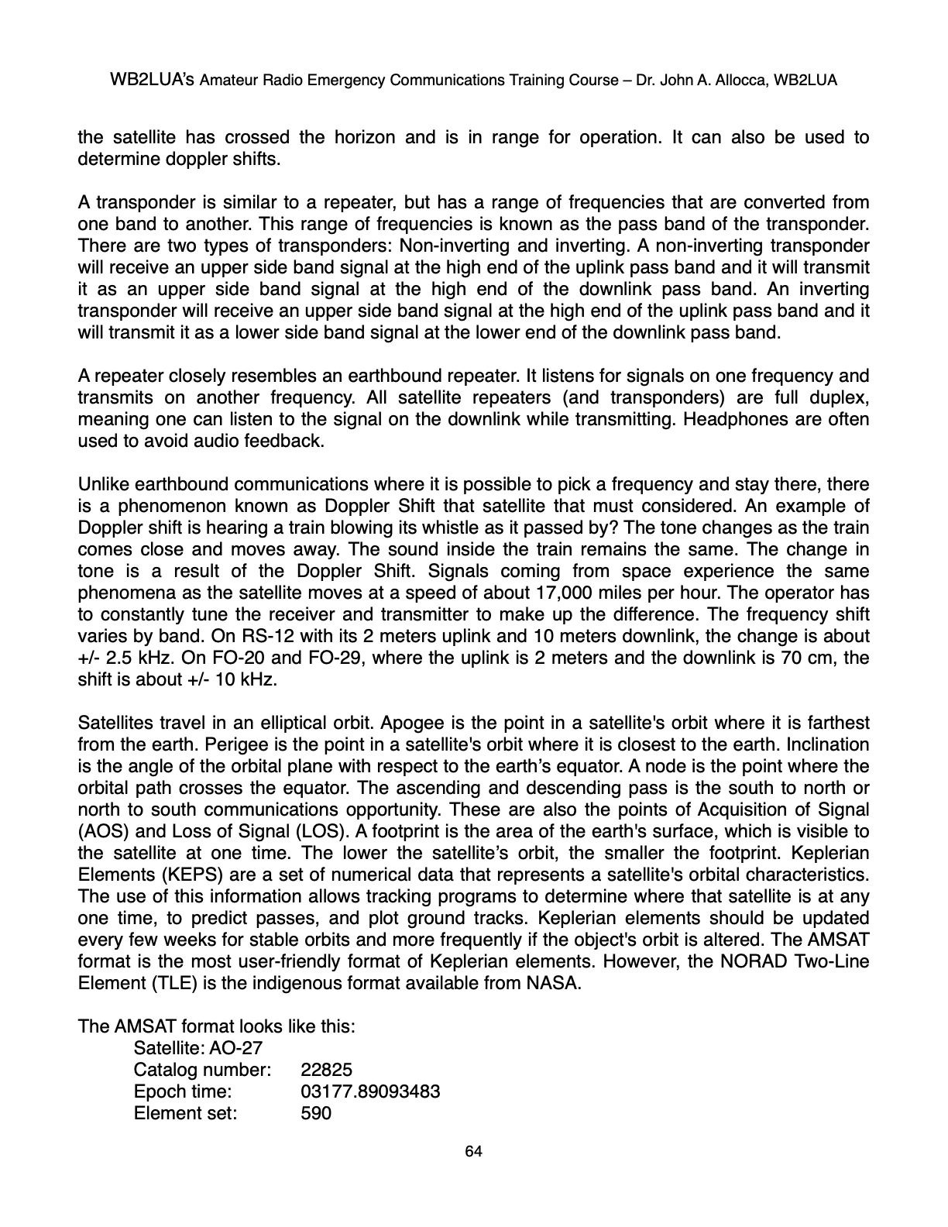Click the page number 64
click(x=473, y=1152)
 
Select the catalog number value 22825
click(x=326, y=1070)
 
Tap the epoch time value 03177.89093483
click(x=370, y=1091)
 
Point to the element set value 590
click(x=315, y=1113)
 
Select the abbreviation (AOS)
click(x=100, y=831)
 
